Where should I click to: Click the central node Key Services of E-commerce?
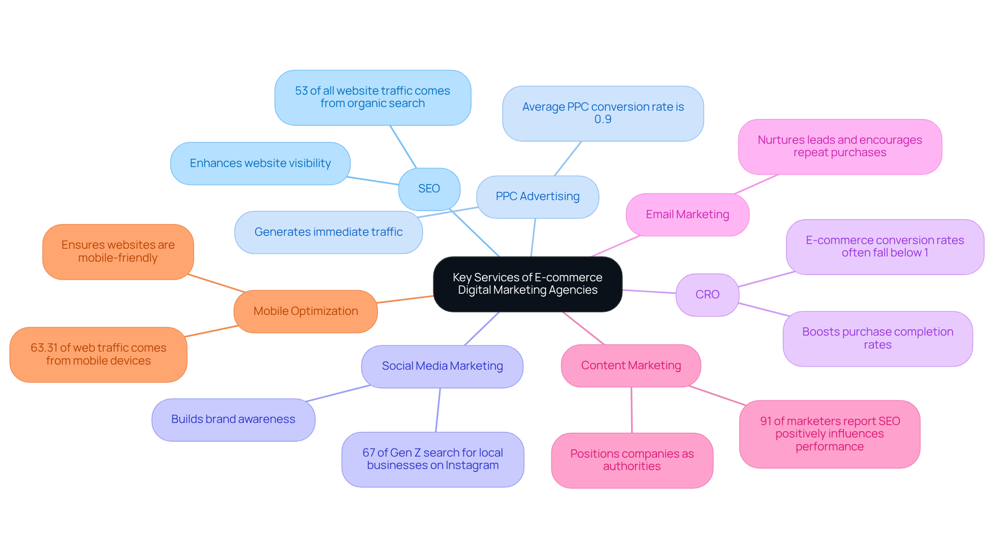coord(527,284)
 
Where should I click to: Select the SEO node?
coord(429,189)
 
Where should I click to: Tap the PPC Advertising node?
coord(537,196)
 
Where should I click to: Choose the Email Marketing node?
coord(687,215)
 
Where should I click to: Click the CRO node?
coord(707,295)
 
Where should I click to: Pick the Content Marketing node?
coord(631,366)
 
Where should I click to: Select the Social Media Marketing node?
coord(442,366)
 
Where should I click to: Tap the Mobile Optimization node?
coord(305,311)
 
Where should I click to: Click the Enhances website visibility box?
coord(260,163)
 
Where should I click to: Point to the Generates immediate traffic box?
coord(328,232)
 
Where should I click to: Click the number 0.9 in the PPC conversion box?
coord(603,119)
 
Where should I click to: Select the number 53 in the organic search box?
coord(301,91)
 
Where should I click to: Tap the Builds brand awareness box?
coord(233,419)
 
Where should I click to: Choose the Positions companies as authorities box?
coord(632,460)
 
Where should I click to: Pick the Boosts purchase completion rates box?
coord(878,339)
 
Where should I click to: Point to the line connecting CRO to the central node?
coord(649,292)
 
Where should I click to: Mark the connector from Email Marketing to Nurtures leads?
coord(756,185)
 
